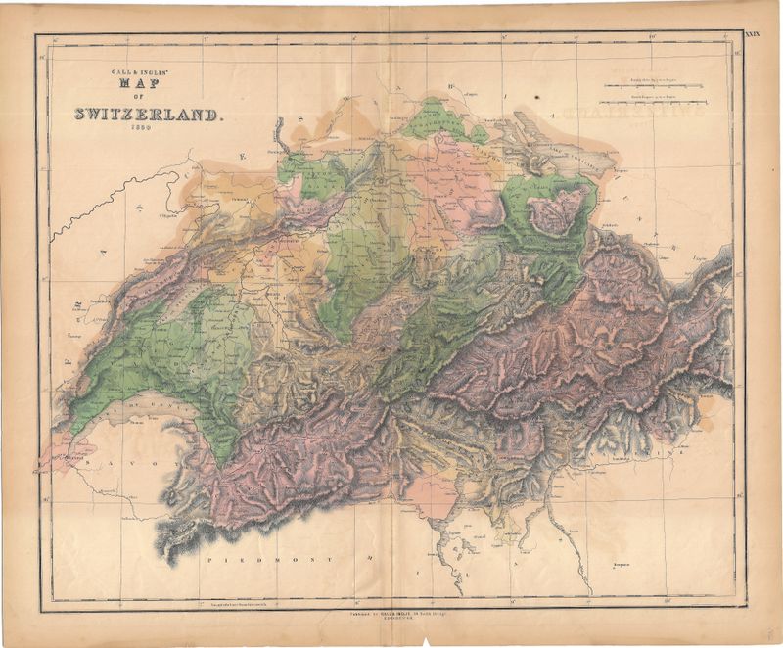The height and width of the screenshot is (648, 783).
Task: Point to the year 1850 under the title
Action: [149, 130]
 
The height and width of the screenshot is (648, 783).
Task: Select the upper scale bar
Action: [653, 86]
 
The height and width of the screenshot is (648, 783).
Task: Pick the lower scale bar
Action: [653, 98]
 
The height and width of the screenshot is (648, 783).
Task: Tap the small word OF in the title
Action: [149, 98]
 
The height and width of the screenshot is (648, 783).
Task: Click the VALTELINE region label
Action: [626, 452]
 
